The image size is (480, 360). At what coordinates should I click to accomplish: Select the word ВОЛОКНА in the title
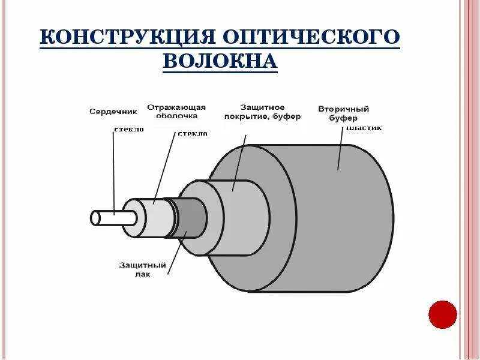220,61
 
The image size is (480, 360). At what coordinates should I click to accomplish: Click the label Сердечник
113,111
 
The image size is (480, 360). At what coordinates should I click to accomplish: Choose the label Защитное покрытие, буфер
262,112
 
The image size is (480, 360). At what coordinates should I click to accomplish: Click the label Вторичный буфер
343,113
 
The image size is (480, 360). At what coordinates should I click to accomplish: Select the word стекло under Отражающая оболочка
193,133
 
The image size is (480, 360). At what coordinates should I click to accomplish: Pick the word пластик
364,128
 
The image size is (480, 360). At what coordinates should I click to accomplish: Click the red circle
443,315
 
